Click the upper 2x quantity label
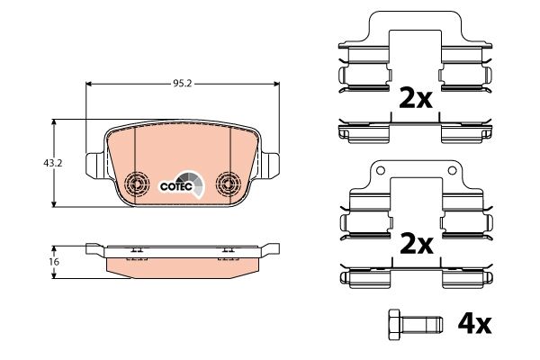click(417, 98)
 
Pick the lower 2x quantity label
click(417, 243)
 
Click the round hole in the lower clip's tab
click(379, 170)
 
